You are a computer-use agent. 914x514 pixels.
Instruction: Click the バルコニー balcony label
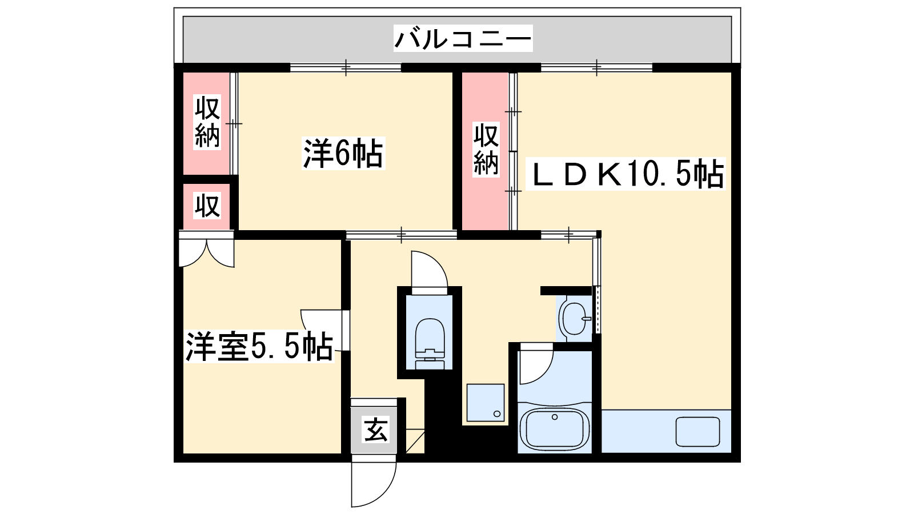(463, 38)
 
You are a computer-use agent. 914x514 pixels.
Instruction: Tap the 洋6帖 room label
(343, 153)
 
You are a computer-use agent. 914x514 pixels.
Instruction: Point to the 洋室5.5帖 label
(259, 346)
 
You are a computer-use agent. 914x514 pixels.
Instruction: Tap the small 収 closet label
(207, 205)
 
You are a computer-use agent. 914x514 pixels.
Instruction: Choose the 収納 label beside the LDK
(486, 150)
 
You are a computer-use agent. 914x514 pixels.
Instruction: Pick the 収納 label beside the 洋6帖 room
(207, 123)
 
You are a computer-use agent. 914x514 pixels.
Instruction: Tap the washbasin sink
(574, 318)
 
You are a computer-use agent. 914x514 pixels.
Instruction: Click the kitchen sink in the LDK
(697, 431)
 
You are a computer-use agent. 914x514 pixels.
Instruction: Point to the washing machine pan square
(486, 403)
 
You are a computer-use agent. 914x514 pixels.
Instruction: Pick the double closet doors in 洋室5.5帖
(206, 250)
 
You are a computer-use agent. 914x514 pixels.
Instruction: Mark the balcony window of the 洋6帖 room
(346, 67)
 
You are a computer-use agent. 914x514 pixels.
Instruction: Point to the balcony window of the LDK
(596, 67)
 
